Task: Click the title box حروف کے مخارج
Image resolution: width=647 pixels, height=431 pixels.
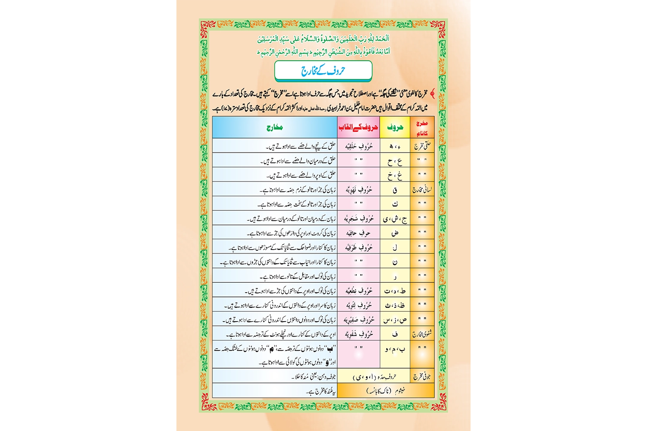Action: (x=323, y=71)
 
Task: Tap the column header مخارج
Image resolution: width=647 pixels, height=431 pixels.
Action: (x=274, y=128)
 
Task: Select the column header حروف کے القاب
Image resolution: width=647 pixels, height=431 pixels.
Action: (x=358, y=128)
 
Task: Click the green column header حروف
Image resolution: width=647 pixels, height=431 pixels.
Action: (x=395, y=128)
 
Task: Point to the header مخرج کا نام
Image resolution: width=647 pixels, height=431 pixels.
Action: (x=422, y=128)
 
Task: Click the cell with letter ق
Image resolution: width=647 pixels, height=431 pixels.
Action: (x=395, y=189)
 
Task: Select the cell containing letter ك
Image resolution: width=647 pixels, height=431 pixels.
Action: (x=395, y=204)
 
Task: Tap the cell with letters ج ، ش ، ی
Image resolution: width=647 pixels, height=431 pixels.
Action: (x=395, y=219)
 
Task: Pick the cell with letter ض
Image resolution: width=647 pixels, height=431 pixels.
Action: (x=395, y=233)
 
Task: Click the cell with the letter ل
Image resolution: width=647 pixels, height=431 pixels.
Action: (x=395, y=247)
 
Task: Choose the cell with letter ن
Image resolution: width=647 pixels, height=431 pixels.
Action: (x=395, y=262)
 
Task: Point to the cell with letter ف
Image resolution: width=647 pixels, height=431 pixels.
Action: (x=395, y=334)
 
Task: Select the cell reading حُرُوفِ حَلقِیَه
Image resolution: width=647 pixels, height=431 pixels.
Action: (x=358, y=146)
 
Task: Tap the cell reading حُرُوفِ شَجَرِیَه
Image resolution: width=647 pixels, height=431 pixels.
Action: (x=358, y=219)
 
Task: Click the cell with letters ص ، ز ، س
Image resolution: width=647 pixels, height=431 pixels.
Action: (x=395, y=319)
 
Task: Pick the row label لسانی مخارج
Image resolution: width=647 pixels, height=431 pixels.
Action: (x=422, y=189)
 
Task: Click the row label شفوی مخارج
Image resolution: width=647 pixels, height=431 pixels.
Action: (x=422, y=334)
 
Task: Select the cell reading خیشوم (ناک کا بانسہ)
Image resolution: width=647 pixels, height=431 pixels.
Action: (x=386, y=390)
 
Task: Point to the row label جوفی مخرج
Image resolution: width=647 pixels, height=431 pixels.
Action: (x=422, y=376)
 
